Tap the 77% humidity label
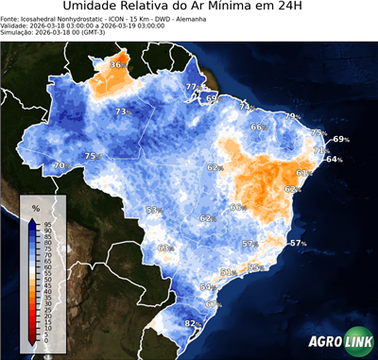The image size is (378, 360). pos(192,87)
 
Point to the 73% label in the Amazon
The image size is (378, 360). pos(122,112)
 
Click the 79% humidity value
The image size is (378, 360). pos(293,116)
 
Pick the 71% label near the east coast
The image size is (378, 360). pos(320,150)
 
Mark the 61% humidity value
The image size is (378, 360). pos(304,173)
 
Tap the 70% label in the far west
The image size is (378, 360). pos(60,166)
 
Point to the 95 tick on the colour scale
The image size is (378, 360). pos(47,223)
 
